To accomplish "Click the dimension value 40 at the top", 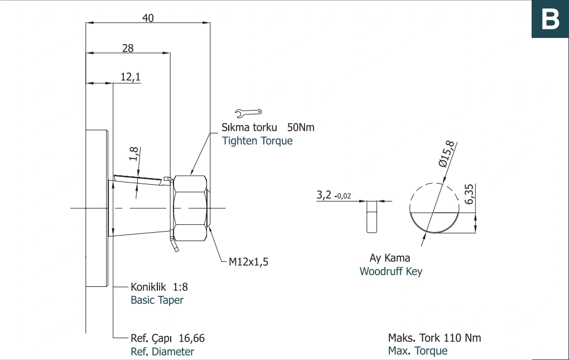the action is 148,18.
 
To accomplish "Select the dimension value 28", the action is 128,48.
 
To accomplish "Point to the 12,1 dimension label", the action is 131,77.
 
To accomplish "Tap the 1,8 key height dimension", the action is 133,153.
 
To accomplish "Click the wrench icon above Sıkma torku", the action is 248,113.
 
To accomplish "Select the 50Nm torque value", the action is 301,127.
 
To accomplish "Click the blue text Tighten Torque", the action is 257,141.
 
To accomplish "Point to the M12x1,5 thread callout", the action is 249,262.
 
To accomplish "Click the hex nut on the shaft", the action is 190,208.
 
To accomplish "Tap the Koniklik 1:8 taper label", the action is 160,287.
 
